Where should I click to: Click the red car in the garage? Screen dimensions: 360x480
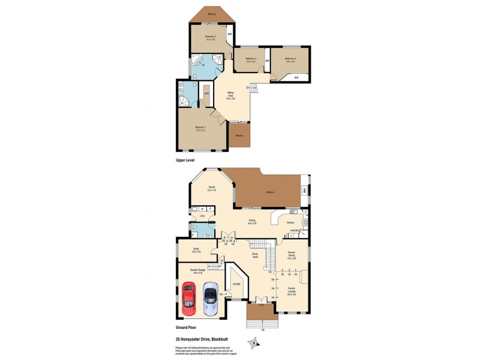189,298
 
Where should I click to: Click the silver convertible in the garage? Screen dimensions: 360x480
210,299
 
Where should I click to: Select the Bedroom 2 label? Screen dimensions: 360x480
210,38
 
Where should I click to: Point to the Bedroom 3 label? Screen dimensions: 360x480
291,59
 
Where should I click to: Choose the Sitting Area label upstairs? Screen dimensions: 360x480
230,94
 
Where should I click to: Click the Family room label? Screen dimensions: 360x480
212,188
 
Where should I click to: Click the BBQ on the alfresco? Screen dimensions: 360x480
305,191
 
